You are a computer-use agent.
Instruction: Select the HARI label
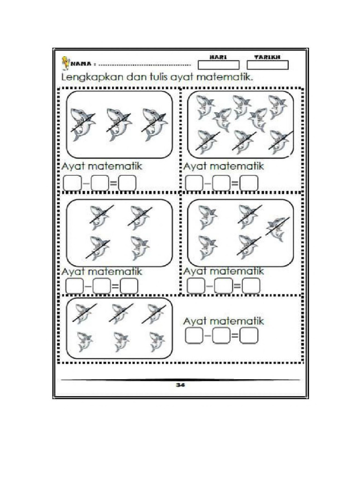(x=218, y=57)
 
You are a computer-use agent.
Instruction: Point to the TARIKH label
(x=267, y=57)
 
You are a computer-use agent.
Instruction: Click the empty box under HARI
(x=218, y=65)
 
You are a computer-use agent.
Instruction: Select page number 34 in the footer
(x=180, y=385)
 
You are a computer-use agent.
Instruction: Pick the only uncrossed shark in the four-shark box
(x=139, y=247)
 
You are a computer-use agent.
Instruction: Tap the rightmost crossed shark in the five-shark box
(x=277, y=228)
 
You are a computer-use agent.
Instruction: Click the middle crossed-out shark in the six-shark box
(x=120, y=313)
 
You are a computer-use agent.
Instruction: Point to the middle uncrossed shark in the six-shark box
(x=121, y=342)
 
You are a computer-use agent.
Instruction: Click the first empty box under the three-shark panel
(x=72, y=183)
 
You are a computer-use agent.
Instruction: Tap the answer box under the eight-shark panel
(x=249, y=183)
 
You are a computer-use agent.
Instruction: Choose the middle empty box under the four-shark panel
(x=101, y=286)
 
